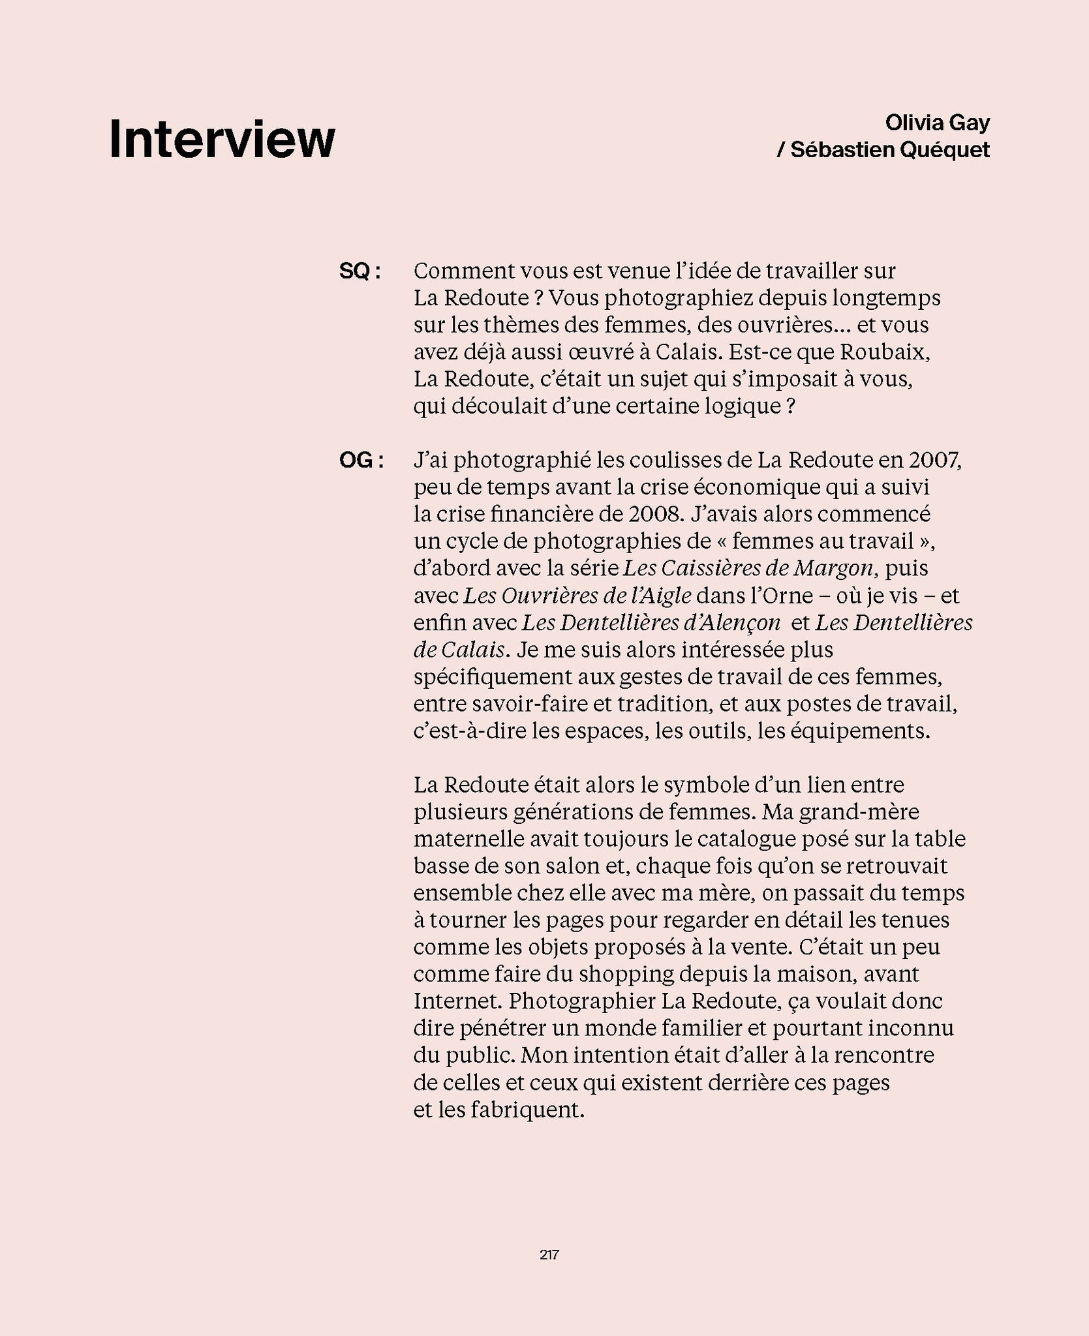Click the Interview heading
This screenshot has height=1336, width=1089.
(222, 140)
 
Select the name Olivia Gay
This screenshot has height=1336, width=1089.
(937, 122)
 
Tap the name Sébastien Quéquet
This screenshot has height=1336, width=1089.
(889, 150)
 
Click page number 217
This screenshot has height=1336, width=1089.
(549, 1254)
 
